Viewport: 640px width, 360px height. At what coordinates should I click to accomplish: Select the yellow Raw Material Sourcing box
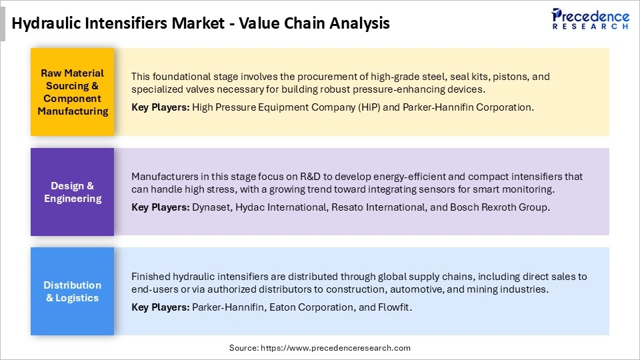pyautogui.click(x=73, y=92)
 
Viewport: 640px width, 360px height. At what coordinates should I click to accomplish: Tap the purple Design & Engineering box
pyautogui.click(x=73, y=192)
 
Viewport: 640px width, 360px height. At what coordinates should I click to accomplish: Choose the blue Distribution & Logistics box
pyautogui.click(x=73, y=291)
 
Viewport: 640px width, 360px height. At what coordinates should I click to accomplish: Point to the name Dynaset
pyautogui.click(x=211, y=207)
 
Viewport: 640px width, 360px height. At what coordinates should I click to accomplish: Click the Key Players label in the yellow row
pyautogui.click(x=161, y=107)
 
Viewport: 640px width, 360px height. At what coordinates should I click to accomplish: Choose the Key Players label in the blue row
pyautogui.click(x=161, y=307)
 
